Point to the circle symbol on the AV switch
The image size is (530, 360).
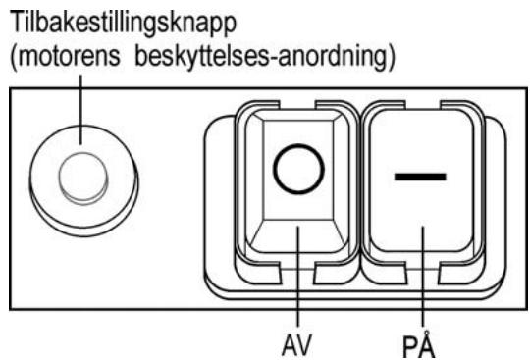tap(295, 171)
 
